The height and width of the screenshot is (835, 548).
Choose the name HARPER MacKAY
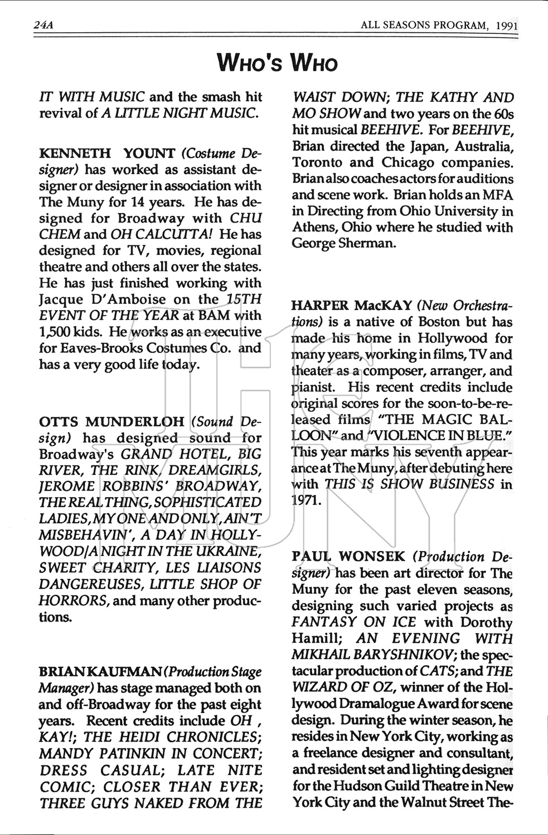352,306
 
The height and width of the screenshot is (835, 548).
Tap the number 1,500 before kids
54,332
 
